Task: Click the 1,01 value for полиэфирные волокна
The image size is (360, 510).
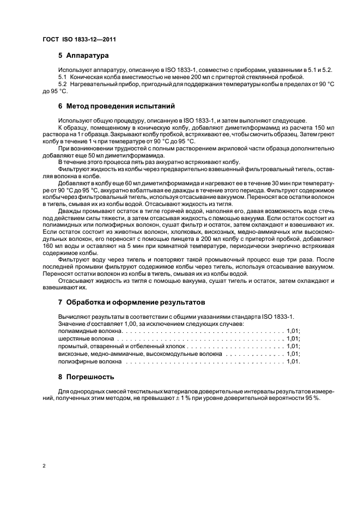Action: [293, 361]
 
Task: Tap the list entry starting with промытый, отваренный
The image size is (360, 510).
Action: [122, 346]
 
